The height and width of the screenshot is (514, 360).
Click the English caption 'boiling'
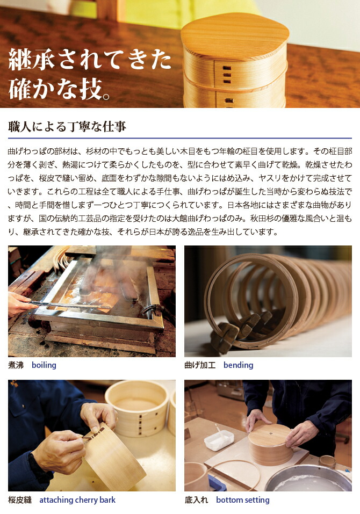click(x=44, y=365)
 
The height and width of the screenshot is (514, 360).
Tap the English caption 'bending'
click(x=238, y=365)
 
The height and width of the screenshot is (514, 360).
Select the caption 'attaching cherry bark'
click(x=77, y=500)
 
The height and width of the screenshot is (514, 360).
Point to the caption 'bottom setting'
click(x=242, y=500)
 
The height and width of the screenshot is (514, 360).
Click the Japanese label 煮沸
click(x=16, y=365)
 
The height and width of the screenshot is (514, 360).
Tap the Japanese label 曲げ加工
click(x=200, y=365)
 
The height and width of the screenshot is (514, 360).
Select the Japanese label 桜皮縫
click(x=20, y=500)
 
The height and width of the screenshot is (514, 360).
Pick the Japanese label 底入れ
click(x=196, y=500)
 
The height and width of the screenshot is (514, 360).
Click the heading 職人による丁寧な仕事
click(x=67, y=127)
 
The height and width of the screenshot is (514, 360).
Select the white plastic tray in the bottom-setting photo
click(x=219, y=440)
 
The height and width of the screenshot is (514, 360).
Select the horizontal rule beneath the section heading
click(x=179, y=138)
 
